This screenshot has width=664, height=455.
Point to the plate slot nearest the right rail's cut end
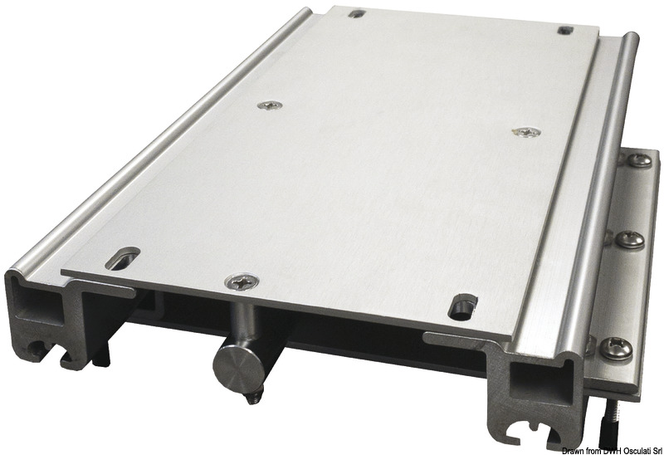(x=460, y=307)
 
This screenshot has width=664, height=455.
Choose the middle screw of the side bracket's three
(x=633, y=241)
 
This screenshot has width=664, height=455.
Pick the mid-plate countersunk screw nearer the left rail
(x=270, y=105)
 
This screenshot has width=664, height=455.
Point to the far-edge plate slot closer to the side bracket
(x=567, y=30)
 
